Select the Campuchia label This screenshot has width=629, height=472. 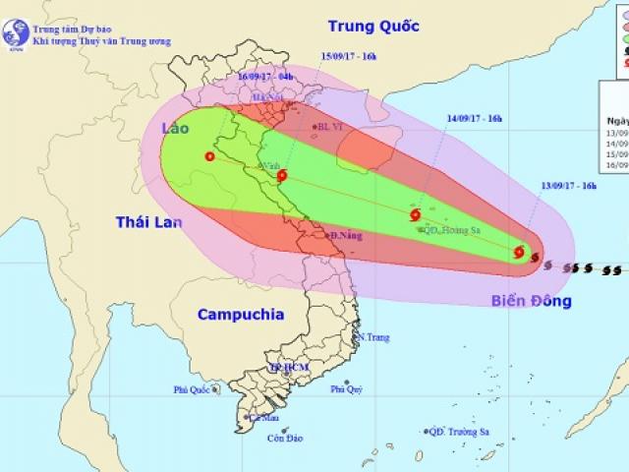coord(241,315)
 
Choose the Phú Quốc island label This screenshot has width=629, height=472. coord(195,389)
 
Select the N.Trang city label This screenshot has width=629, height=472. coord(374,337)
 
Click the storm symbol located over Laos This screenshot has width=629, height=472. coord(209,155)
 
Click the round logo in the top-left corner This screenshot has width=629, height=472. coord(14,30)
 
